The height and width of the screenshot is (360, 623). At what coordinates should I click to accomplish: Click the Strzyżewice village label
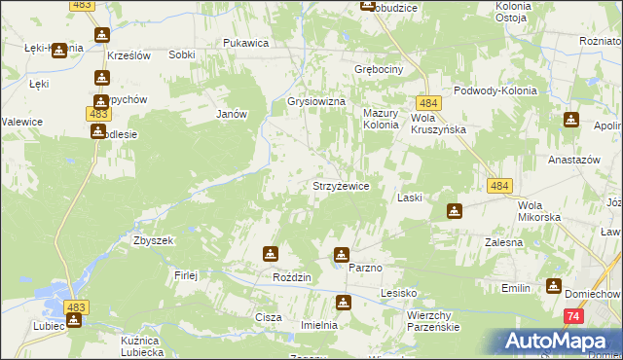340,186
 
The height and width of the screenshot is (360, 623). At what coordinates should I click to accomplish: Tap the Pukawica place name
245,43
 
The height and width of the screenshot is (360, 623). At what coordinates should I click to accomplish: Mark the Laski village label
410,198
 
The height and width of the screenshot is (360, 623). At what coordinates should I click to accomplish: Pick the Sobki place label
181,55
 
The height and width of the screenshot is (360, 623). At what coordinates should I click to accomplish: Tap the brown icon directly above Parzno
342,255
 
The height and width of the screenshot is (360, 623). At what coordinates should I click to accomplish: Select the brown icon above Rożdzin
270,254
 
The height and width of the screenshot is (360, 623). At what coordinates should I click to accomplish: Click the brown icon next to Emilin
554,286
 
